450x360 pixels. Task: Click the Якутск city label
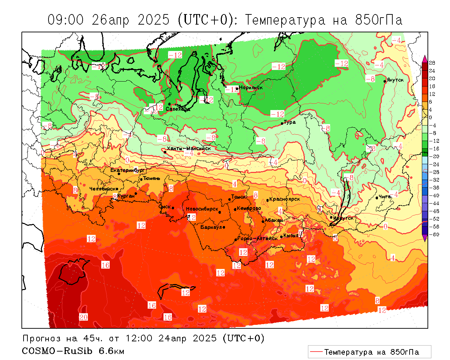395,80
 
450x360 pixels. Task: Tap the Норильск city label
251,88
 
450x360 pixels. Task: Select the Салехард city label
178,109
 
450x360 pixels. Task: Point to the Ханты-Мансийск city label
189,148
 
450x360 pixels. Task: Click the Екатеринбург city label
128,170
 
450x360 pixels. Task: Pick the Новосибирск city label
202,209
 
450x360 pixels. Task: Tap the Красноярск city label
284,199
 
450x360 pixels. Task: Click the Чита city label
385,197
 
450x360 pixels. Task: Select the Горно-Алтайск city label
258,238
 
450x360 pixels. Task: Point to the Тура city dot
282,123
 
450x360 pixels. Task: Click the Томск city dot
230,199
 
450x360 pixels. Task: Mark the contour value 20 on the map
83,317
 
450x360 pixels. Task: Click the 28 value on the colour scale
432,63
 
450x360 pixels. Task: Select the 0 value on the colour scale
431,117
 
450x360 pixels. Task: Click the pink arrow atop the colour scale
425,58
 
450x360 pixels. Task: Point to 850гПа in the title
379,20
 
